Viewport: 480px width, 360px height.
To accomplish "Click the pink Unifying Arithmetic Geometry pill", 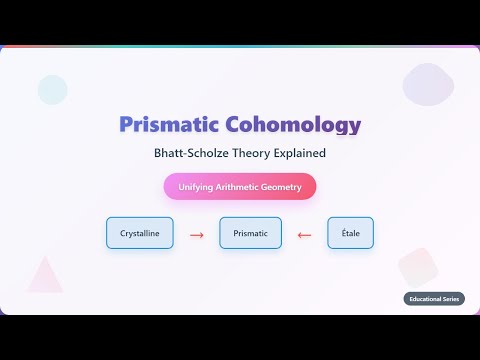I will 240,187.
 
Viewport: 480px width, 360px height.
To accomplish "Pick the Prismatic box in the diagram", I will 250,234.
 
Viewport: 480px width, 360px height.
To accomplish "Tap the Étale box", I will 350,234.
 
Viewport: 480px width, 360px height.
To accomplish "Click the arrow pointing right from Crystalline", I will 196,235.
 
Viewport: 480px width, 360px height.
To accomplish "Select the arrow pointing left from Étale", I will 304,235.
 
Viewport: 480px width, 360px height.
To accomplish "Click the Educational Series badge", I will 434,298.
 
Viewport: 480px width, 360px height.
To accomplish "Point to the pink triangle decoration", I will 44,275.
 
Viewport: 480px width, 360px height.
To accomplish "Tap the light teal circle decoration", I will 52,90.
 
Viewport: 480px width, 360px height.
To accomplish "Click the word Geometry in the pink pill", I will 281,187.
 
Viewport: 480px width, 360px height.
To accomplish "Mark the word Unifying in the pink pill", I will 196,187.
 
